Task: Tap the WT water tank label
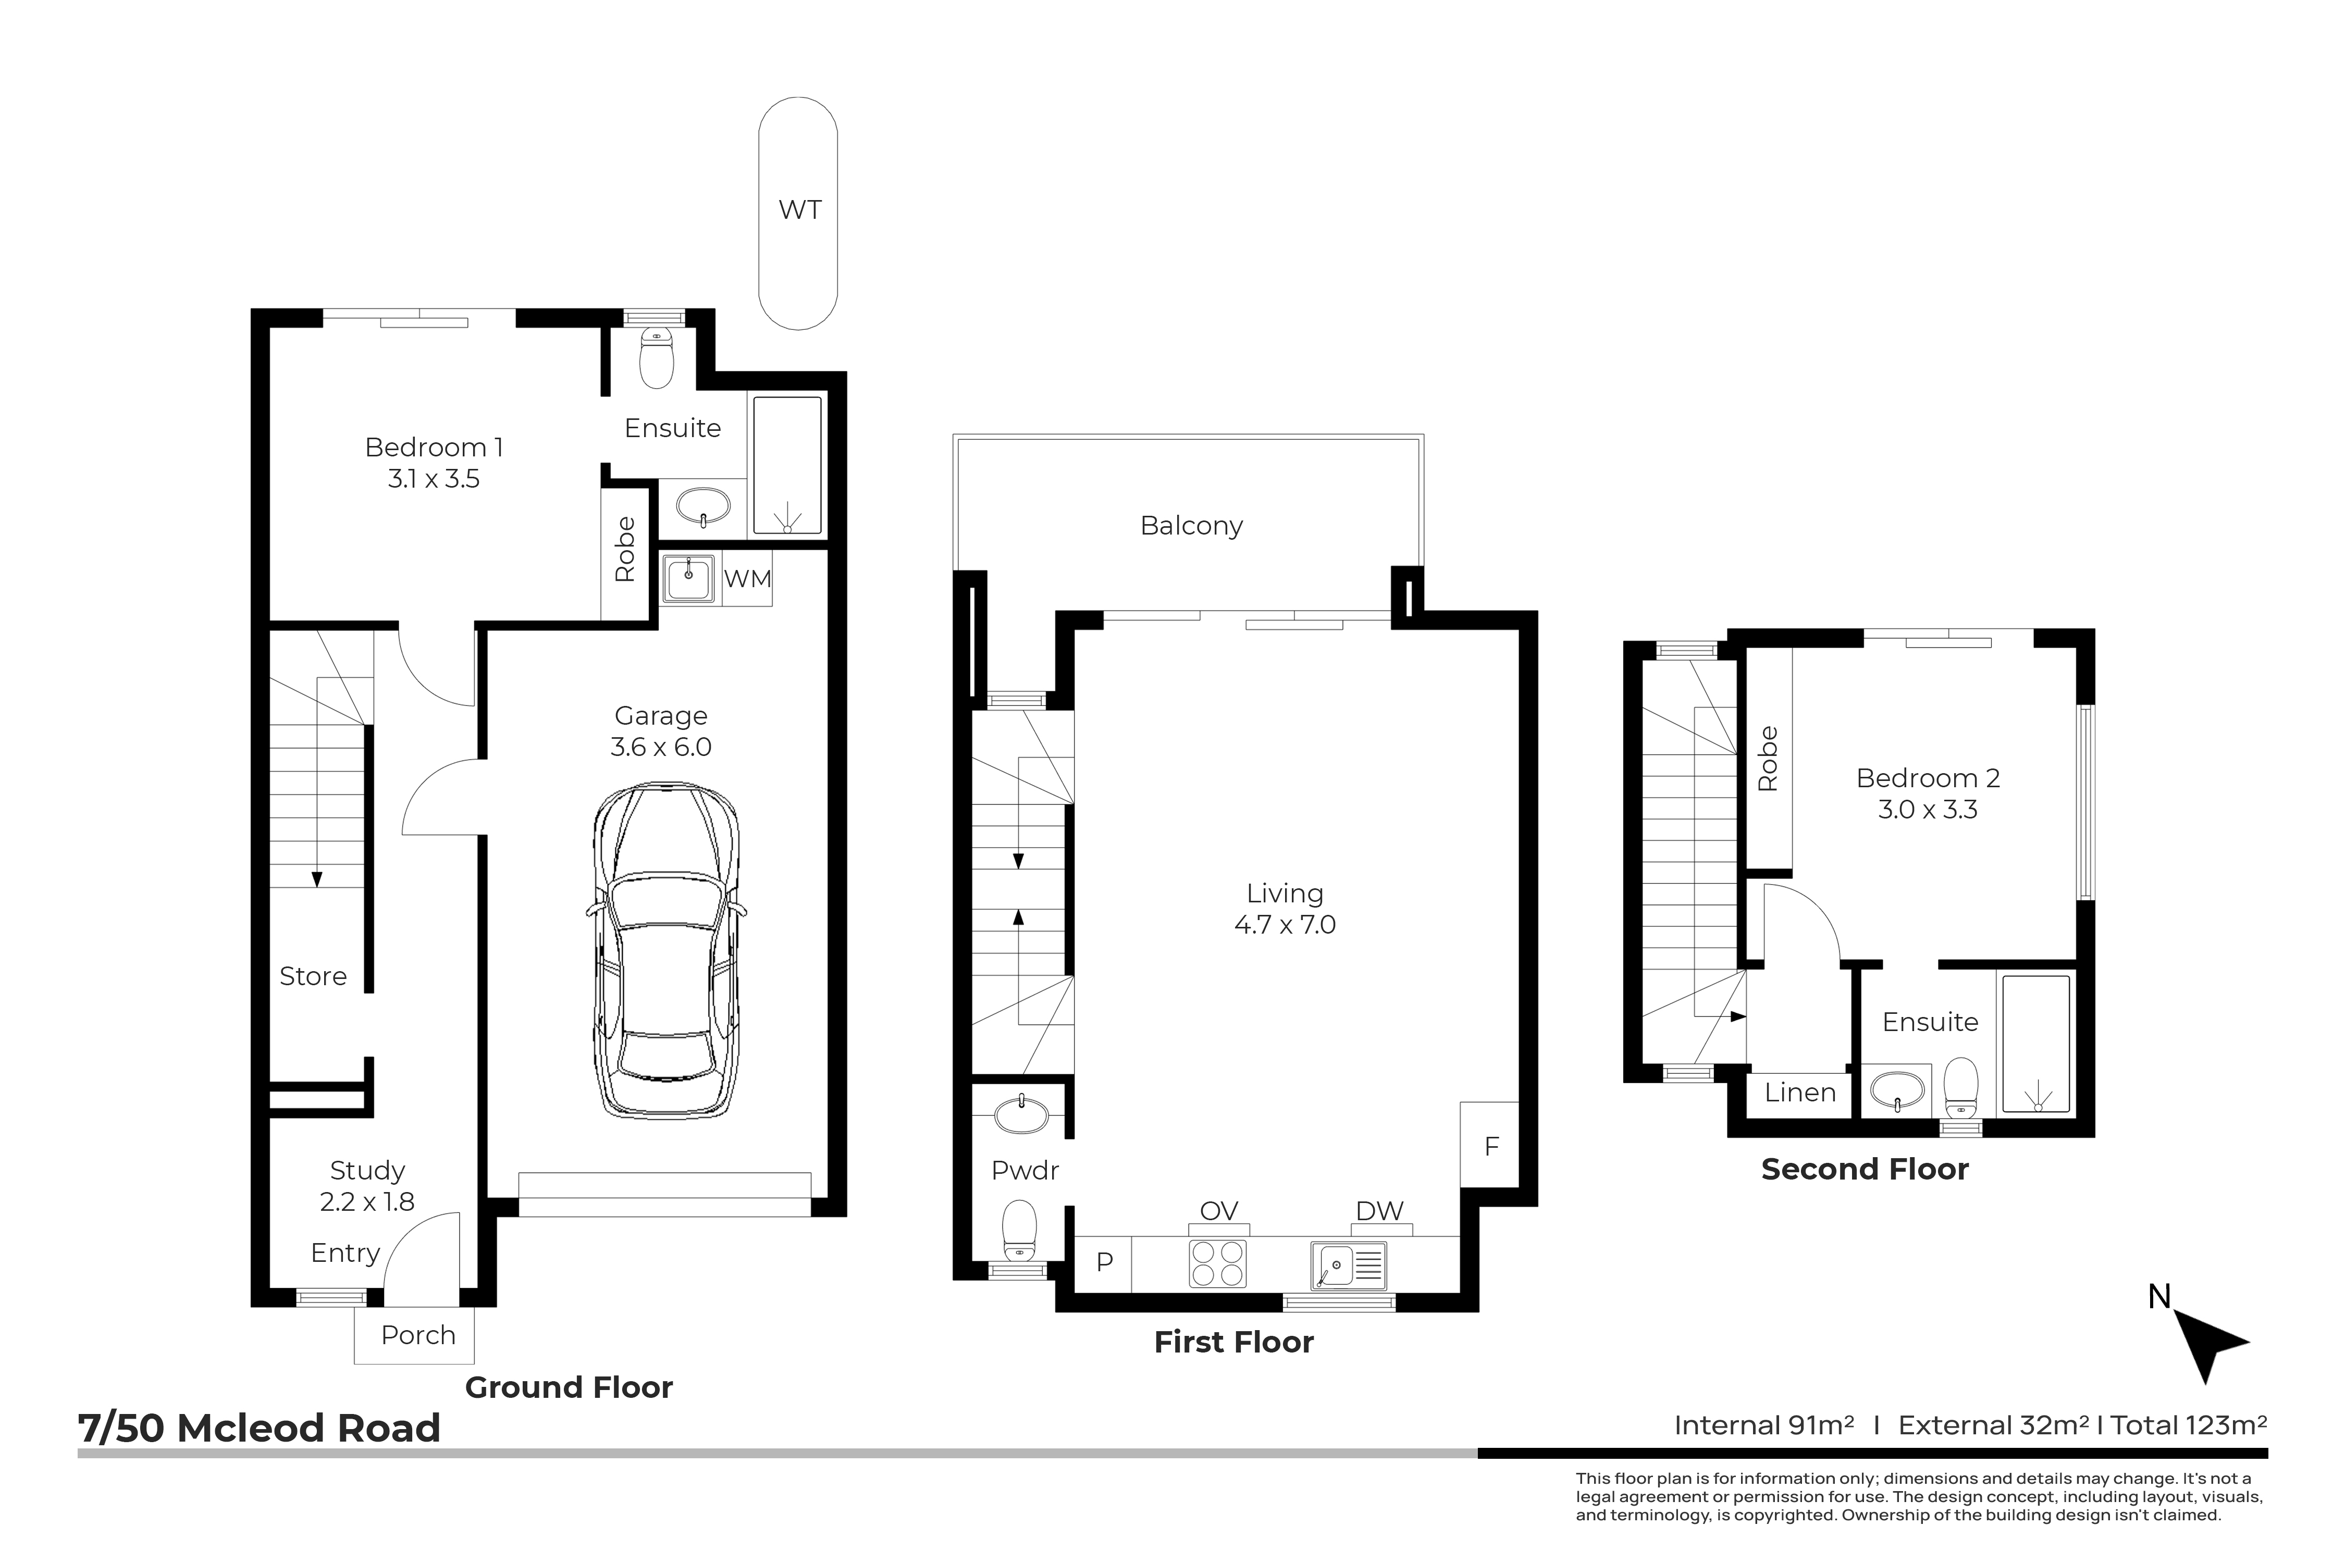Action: [x=799, y=210]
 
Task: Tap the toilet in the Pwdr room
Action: [x=1019, y=1232]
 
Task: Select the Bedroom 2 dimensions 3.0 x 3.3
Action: [x=1927, y=810]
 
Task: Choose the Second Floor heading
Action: [x=1865, y=1169]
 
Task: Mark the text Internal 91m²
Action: [x=1764, y=1425]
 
